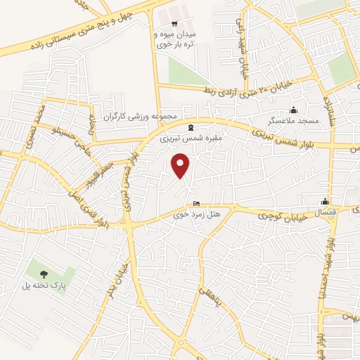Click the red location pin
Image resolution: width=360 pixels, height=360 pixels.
(181, 165)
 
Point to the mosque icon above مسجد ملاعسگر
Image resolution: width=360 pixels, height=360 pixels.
(293, 110)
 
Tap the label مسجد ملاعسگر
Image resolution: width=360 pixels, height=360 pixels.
(298, 121)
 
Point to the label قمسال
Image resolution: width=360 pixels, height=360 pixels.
(324, 212)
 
